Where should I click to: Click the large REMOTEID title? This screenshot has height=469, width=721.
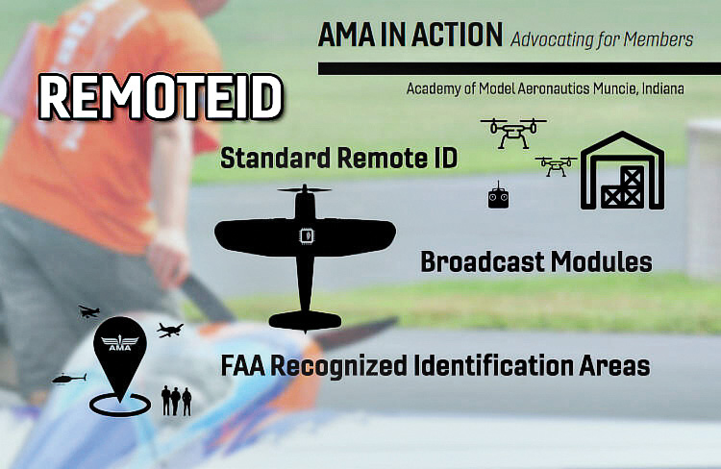(160, 96)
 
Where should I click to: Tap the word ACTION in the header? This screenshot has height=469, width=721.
(457, 35)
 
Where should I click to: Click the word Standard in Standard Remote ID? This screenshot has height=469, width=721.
(276, 158)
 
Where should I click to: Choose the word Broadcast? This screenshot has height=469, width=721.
(483, 261)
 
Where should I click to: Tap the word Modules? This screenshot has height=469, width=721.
(602, 261)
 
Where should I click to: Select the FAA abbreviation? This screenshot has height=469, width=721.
(243, 366)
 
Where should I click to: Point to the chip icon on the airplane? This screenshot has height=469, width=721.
(306, 235)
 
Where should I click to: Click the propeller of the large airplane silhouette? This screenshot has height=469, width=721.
(305, 189)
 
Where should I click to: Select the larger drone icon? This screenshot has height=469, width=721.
(513, 133)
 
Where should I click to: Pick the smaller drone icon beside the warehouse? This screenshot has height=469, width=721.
(556, 166)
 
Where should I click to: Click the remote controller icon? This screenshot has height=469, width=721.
(498, 196)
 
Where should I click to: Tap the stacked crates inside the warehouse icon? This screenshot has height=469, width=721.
(622, 187)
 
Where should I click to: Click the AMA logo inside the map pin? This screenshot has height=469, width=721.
(119, 342)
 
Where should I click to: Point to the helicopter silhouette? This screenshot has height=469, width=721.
(69, 378)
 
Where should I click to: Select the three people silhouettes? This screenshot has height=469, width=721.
(176, 401)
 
